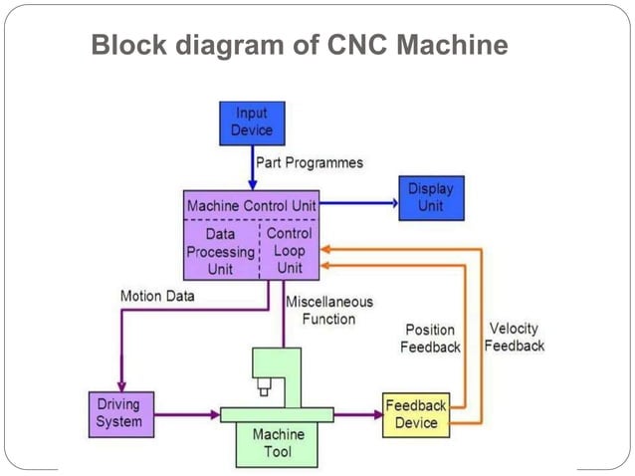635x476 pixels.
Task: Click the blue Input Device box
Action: (x=252, y=122)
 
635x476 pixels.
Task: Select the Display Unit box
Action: (x=430, y=197)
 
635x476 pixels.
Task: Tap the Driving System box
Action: (x=118, y=413)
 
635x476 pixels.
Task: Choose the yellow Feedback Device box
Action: (x=415, y=414)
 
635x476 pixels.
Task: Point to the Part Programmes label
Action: (x=310, y=161)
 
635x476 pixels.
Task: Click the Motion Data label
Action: (x=157, y=296)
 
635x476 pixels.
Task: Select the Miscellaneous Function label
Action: (x=328, y=310)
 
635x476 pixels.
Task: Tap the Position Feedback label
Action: (x=430, y=338)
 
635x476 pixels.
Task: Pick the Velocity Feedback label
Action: (x=515, y=337)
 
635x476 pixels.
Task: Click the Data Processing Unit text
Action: (x=220, y=251)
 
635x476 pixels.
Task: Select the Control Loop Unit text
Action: (x=290, y=250)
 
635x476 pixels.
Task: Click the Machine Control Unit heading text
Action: (x=251, y=205)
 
